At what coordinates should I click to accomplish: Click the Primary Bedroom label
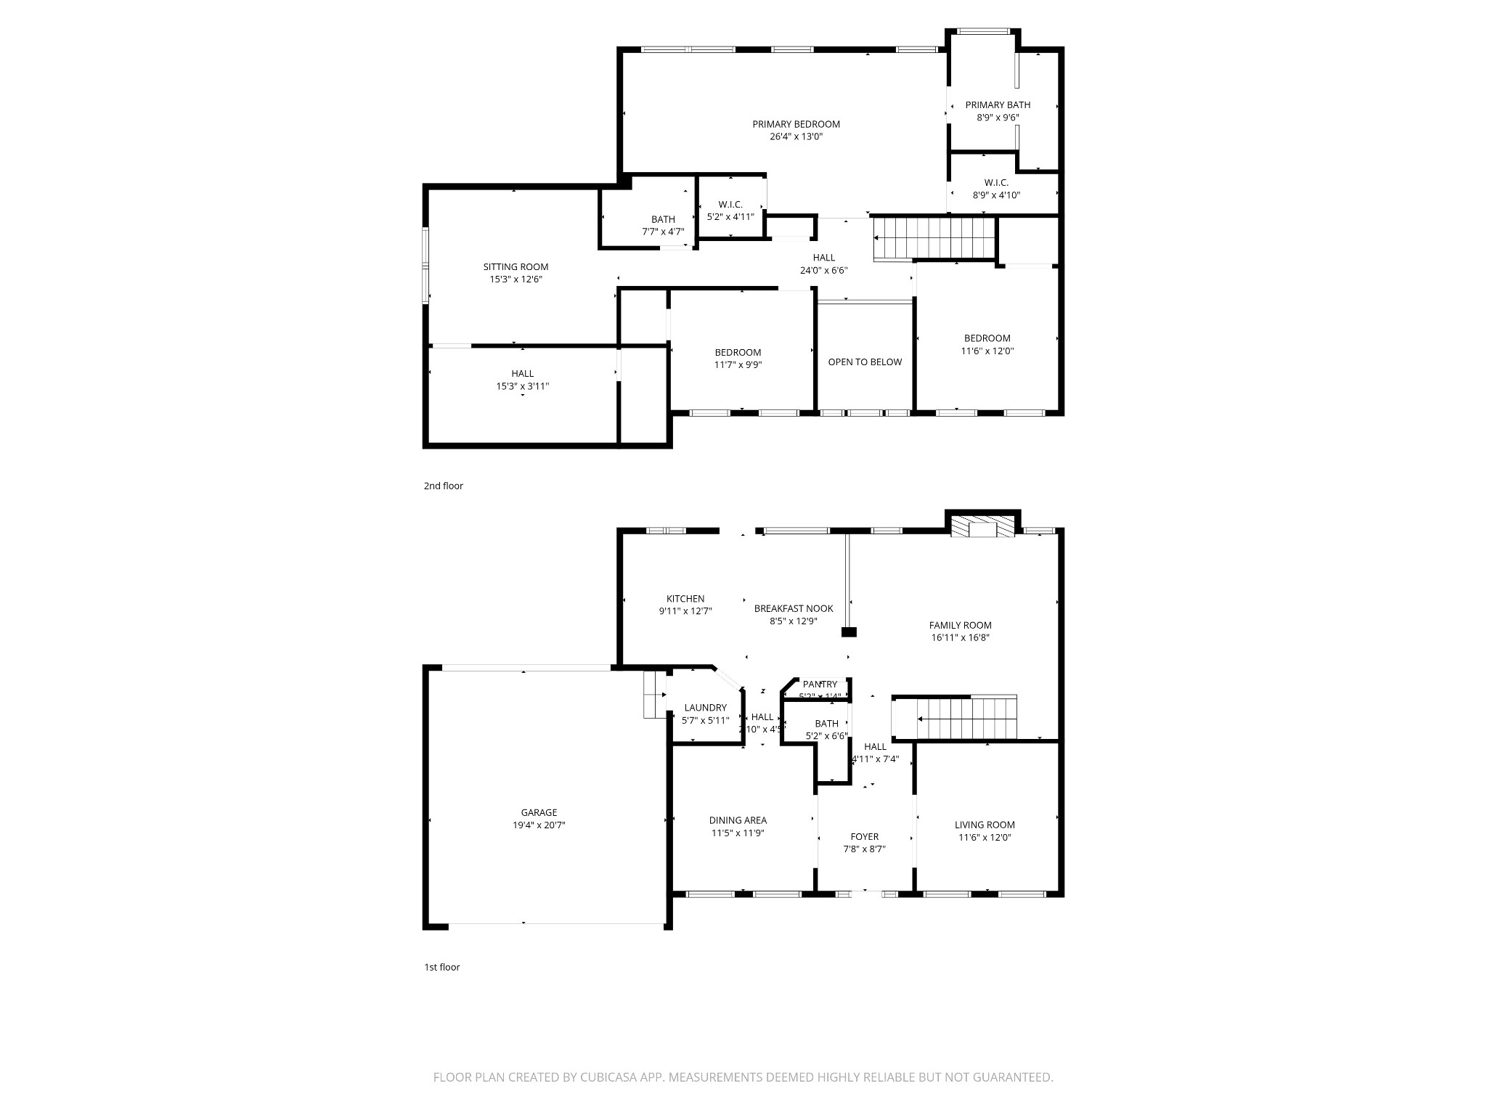click(x=796, y=124)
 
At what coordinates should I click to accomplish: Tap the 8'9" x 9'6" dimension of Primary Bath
click(x=998, y=118)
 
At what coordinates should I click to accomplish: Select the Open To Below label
click(x=865, y=362)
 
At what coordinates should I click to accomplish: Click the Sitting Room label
click(x=516, y=267)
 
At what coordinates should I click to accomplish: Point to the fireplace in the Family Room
click(x=983, y=528)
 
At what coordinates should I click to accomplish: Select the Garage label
click(x=539, y=813)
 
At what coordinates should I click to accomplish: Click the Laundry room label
click(x=705, y=708)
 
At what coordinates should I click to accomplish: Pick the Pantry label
click(x=820, y=685)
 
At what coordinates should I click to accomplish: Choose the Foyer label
click(x=864, y=837)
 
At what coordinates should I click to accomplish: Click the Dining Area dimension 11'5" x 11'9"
click(x=738, y=833)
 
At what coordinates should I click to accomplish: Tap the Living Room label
click(x=985, y=825)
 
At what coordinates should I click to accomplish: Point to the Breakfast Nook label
click(x=794, y=608)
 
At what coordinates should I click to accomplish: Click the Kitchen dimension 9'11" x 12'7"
click(x=685, y=611)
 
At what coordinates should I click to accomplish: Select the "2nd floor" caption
click(x=443, y=486)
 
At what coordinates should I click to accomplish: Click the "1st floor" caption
click(x=441, y=967)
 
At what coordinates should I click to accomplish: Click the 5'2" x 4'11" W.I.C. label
click(x=730, y=216)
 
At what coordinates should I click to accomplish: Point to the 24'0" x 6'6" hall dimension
click(x=823, y=270)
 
